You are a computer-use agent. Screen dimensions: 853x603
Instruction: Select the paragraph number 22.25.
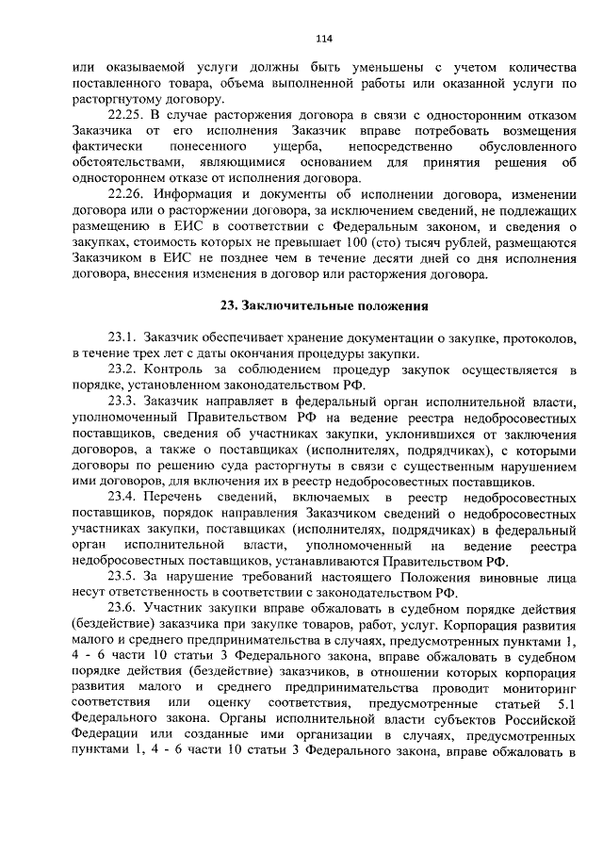[x=126, y=115]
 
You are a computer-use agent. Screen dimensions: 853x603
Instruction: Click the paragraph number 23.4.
[x=126, y=498]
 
